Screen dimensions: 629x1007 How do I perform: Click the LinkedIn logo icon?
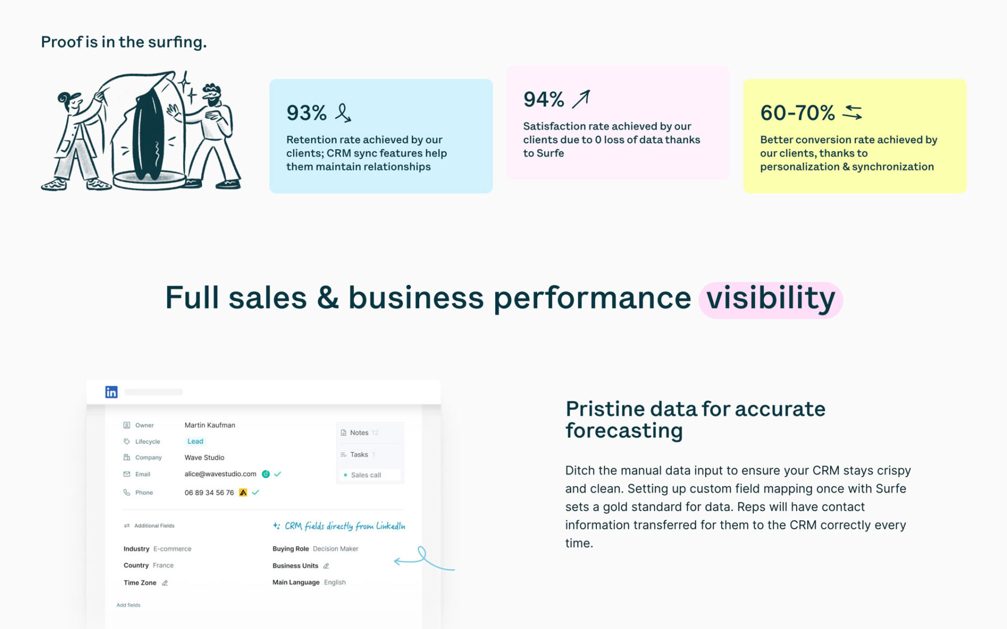point(111,392)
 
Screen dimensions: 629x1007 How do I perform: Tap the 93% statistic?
point(306,113)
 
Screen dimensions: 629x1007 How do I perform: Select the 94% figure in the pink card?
point(543,100)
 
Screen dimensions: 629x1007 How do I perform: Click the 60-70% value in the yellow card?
point(797,113)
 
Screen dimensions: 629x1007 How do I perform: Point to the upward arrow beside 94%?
point(581,99)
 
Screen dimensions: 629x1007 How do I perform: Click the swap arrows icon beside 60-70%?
point(853,112)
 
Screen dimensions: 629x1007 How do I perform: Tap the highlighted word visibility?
point(770,299)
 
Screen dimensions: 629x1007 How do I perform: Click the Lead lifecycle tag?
point(195,442)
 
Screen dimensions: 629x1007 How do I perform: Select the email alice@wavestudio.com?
point(220,474)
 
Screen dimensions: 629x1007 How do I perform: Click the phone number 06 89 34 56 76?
point(209,493)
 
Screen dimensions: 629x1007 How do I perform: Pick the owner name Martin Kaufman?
point(210,425)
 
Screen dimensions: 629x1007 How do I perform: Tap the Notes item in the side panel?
point(359,433)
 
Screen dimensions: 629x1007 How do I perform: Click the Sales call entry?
point(366,475)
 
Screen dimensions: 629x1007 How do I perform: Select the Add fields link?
point(129,605)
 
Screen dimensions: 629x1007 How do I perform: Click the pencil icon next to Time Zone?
point(165,583)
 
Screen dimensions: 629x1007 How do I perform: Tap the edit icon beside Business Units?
point(326,566)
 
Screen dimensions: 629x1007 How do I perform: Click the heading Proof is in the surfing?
point(124,42)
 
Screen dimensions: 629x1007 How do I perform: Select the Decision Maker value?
point(336,549)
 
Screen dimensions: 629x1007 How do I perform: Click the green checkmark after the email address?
point(277,474)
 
